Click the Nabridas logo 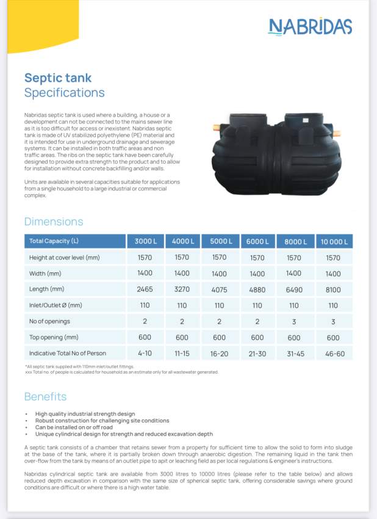pyautogui.click(x=310, y=26)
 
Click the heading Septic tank pyautogui.click(x=58, y=78)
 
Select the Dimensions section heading pyautogui.click(x=54, y=222)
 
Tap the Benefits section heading pyautogui.click(x=45, y=396)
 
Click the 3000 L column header pyautogui.click(x=145, y=241)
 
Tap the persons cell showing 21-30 pyautogui.click(x=257, y=353)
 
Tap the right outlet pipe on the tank pyautogui.click(x=336, y=133)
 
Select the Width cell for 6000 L pyautogui.click(x=257, y=274)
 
